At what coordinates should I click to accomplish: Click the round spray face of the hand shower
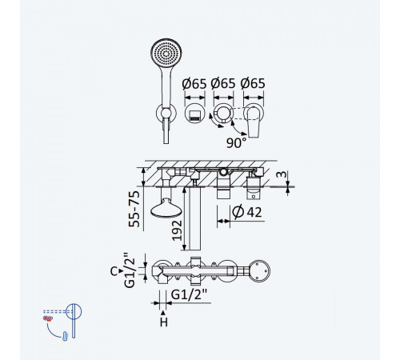166,54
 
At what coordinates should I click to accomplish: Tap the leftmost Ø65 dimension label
194,84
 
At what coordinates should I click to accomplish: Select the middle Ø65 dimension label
223,83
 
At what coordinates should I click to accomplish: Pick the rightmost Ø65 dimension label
253,83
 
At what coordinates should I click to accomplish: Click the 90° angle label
236,142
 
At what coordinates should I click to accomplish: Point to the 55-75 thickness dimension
134,209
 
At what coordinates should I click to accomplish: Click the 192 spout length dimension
177,230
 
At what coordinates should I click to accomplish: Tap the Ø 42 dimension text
247,212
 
